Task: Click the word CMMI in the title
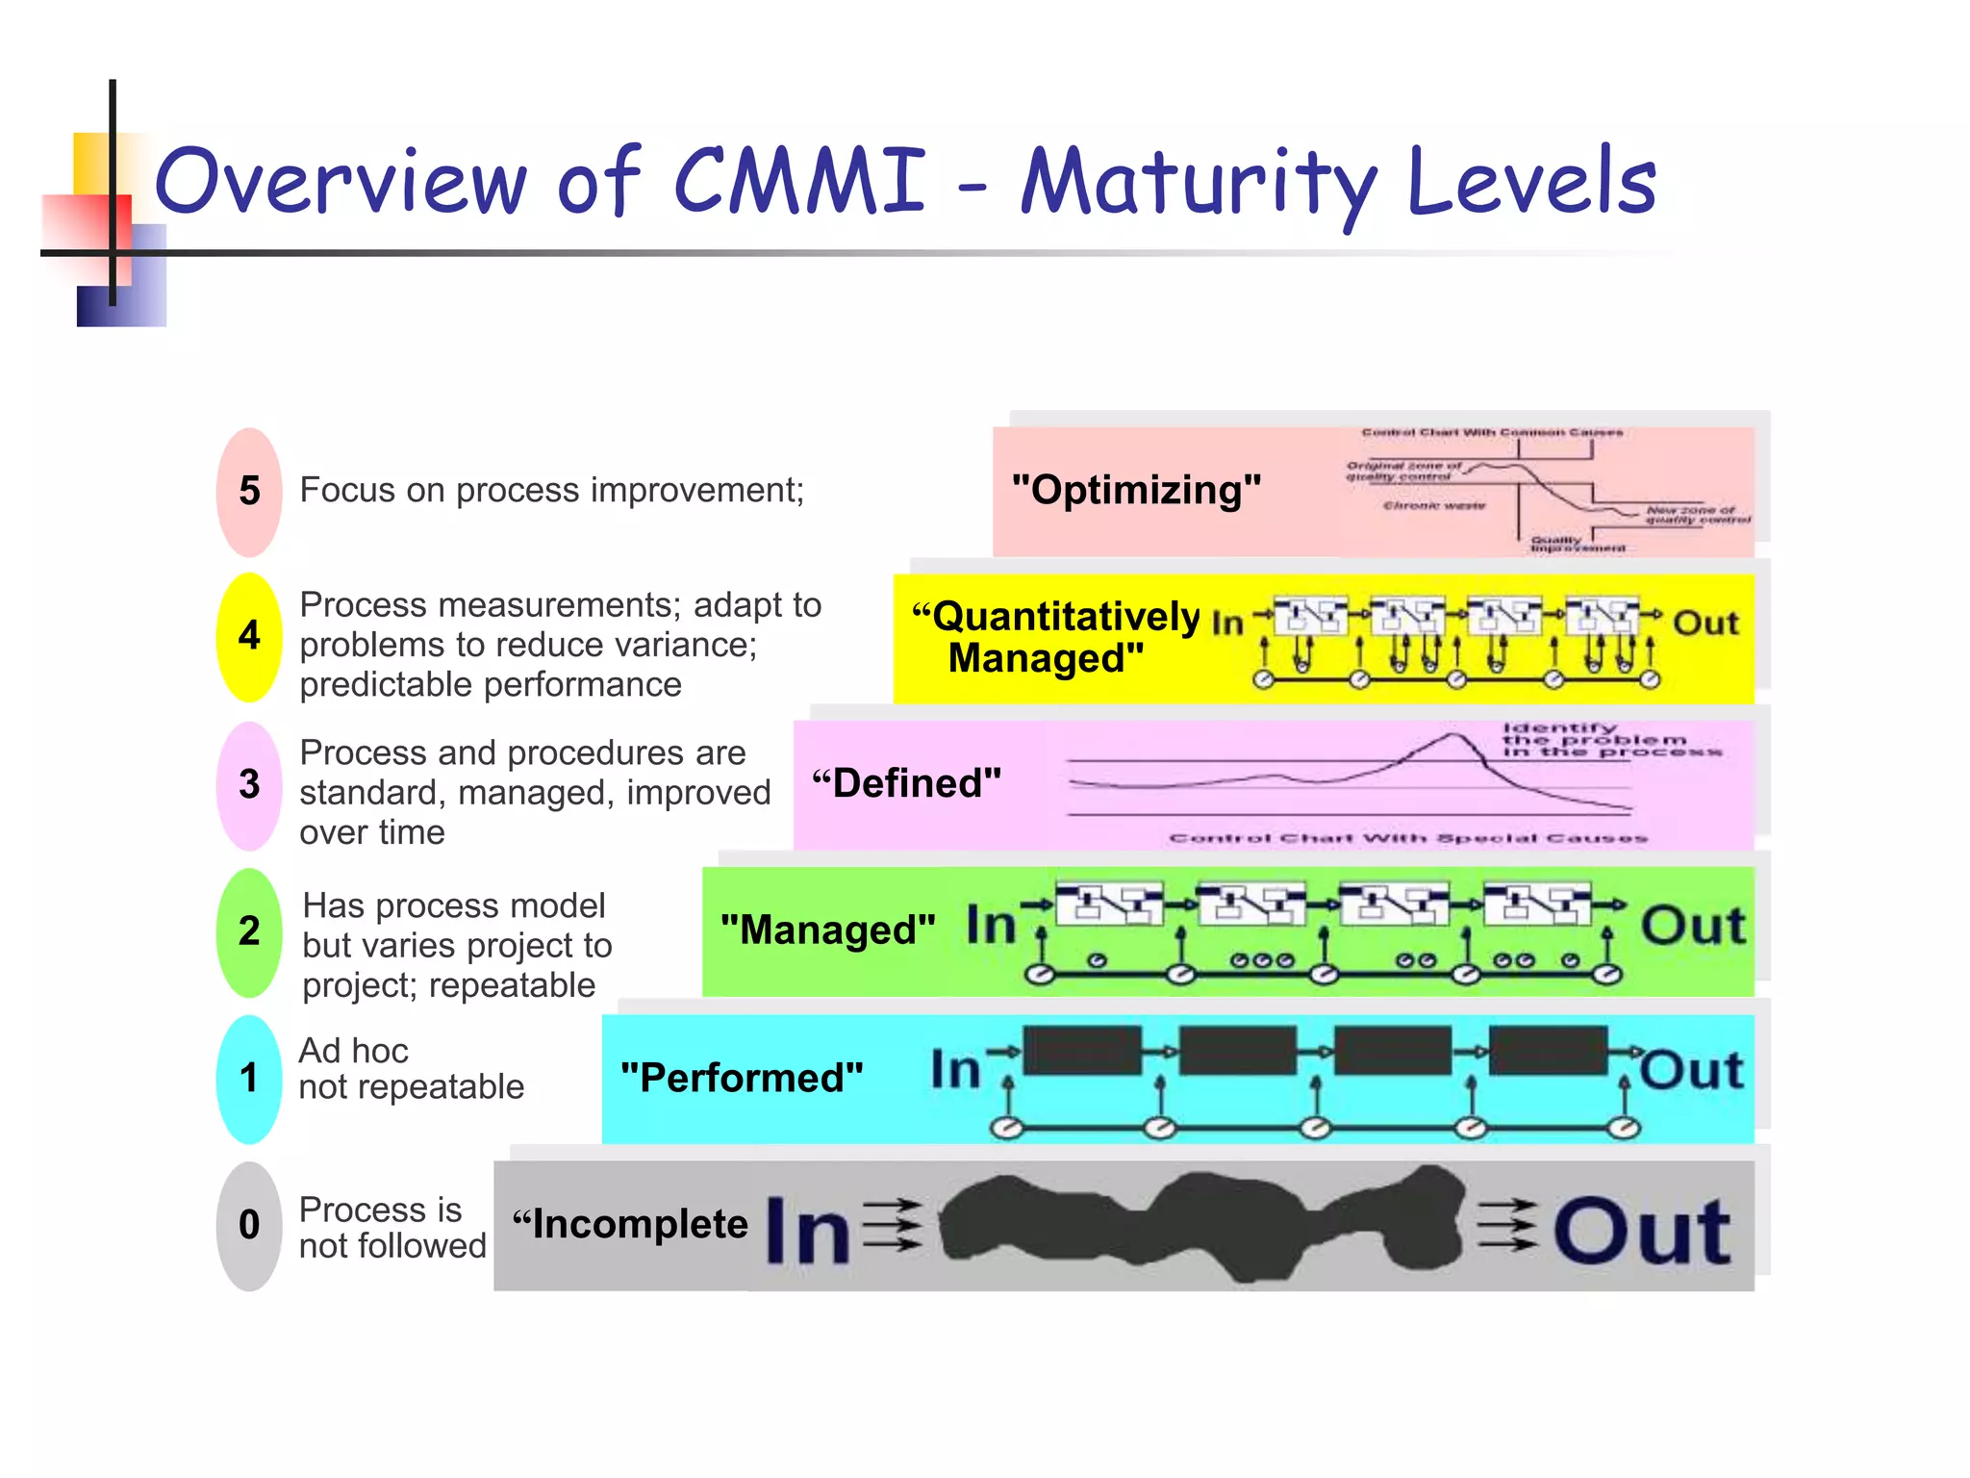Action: tap(798, 180)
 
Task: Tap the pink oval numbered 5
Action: tap(249, 492)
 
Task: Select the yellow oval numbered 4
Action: tap(249, 636)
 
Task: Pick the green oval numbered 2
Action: tap(249, 931)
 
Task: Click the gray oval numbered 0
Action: tap(249, 1225)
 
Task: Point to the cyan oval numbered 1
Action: tap(249, 1079)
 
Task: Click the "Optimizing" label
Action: tap(1136, 490)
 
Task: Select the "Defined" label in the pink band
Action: tap(906, 783)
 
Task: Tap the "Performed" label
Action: tap(742, 1078)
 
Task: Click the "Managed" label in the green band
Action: tap(827, 930)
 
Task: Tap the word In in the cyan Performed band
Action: tap(954, 1070)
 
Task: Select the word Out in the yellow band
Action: tap(1705, 623)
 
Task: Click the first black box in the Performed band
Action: tap(1082, 1050)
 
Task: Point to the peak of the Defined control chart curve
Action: tap(1452, 737)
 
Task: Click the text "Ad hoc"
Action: tap(353, 1051)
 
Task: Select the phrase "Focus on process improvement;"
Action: tap(551, 490)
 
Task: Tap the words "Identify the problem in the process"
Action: tap(1597, 740)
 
